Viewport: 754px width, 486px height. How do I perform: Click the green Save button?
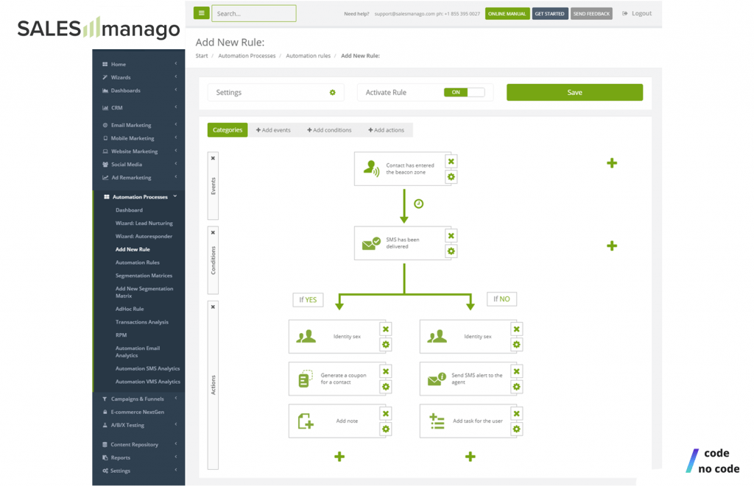[574, 92]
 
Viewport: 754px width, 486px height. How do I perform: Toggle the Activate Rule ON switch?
[464, 92]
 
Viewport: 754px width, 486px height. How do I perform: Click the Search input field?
[253, 13]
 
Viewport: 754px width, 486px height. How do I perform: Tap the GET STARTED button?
[549, 13]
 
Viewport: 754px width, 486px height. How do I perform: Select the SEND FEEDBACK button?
[591, 13]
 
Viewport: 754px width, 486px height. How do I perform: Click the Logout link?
[637, 13]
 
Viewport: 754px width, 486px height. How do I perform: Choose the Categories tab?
[228, 129]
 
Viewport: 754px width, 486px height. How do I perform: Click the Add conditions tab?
[329, 130]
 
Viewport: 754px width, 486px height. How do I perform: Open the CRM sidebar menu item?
[116, 107]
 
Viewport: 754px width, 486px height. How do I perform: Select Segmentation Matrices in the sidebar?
[144, 276]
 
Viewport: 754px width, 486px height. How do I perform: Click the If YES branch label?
[308, 300]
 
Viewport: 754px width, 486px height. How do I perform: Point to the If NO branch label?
[501, 299]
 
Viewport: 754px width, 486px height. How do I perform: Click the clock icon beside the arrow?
[419, 204]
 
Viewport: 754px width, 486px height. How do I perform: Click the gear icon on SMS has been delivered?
[451, 251]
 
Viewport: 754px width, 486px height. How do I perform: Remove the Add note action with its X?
[386, 413]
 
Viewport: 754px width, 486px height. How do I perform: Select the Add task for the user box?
[465, 421]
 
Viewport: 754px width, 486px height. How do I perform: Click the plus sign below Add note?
[339, 457]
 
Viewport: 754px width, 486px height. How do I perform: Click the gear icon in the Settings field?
[332, 92]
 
